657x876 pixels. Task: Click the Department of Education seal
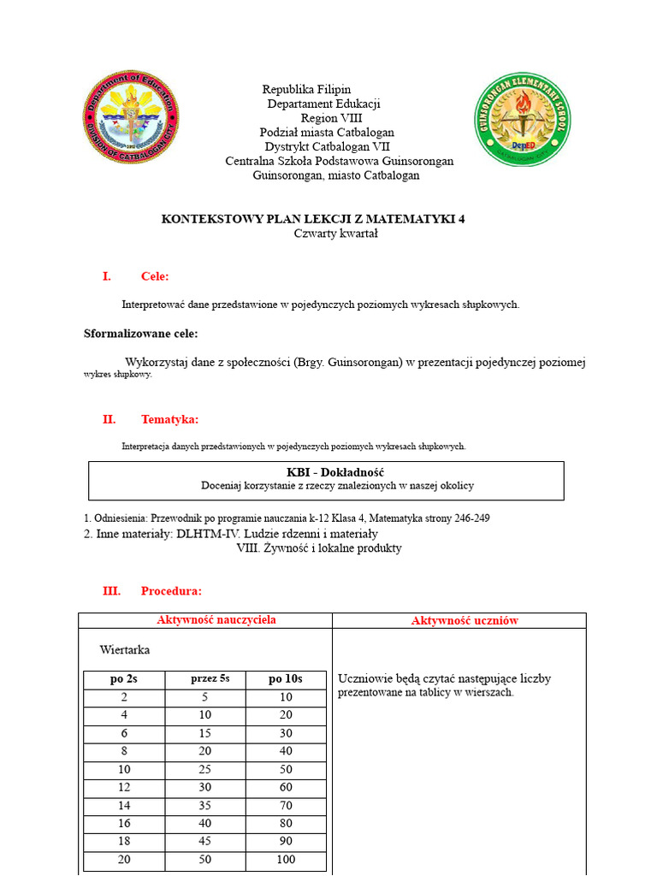131,117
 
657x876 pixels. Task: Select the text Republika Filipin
306,89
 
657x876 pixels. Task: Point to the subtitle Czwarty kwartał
335,234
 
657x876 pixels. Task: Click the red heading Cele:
155,276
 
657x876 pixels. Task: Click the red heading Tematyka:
169,419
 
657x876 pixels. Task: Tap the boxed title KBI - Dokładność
335,472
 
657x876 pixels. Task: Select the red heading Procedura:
171,591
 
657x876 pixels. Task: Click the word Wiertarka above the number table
125,650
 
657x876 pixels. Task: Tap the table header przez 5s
210,679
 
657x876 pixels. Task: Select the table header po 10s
286,679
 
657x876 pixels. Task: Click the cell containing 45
205,841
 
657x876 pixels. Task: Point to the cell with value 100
286,859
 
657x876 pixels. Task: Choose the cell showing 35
205,805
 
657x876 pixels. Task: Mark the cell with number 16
124,823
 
